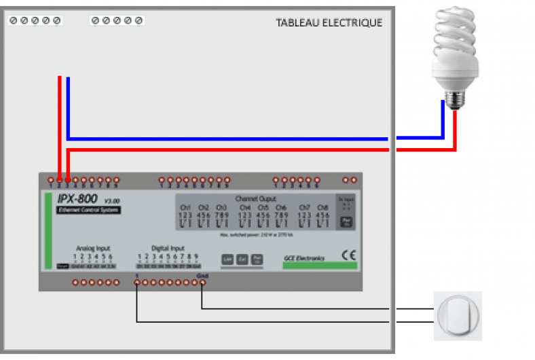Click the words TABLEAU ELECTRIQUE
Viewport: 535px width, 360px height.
pyautogui.click(x=329, y=23)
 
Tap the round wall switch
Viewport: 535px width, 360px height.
pyautogui.click(x=458, y=316)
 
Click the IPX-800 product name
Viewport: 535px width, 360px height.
pyautogui.click(x=78, y=199)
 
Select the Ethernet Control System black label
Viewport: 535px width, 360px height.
pyautogui.click(x=88, y=211)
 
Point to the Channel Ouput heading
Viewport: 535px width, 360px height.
pyautogui.click(x=255, y=199)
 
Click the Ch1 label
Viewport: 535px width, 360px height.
pyautogui.click(x=186, y=207)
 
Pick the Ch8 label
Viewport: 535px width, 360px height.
pyautogui.click(x=322, y=207)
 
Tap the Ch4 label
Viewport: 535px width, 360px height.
pyautogui.click(x=244, y=207)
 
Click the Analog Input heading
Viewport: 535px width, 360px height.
pyautogui.click(x=93, y=249)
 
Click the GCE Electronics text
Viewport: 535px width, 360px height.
pyautogui.click(x=304, y=258)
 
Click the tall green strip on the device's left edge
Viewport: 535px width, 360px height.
pyautogui.click(x=48, y=230)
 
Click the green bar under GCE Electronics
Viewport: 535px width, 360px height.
pyautogui.click(x=319, y=266)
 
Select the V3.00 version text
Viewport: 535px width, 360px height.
pyautogui.click(x=111, y=201)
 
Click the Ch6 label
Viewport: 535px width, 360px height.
pyautogui.click(x=281, y=207)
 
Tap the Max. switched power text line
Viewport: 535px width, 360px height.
pyautogui.click(x=255, y=235)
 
